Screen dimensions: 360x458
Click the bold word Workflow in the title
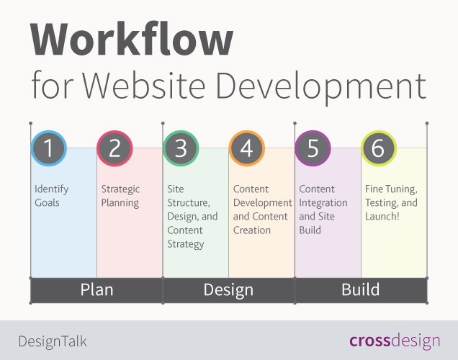132,40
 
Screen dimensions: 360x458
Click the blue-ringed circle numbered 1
48,149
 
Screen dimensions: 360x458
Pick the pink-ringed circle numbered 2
114,149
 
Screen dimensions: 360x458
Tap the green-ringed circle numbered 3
181,149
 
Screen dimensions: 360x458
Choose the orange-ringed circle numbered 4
247,149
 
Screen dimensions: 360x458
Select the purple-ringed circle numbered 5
313,149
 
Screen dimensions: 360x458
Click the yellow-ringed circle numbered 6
379,149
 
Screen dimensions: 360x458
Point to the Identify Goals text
52,196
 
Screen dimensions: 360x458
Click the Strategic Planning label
120,196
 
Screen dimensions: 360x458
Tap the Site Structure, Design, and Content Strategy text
192,216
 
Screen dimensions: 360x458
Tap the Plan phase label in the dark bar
96,290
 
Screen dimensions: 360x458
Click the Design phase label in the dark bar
228,290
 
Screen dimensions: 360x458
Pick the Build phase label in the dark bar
360,290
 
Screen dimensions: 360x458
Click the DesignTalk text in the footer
53,341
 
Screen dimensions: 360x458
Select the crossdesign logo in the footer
395,341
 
